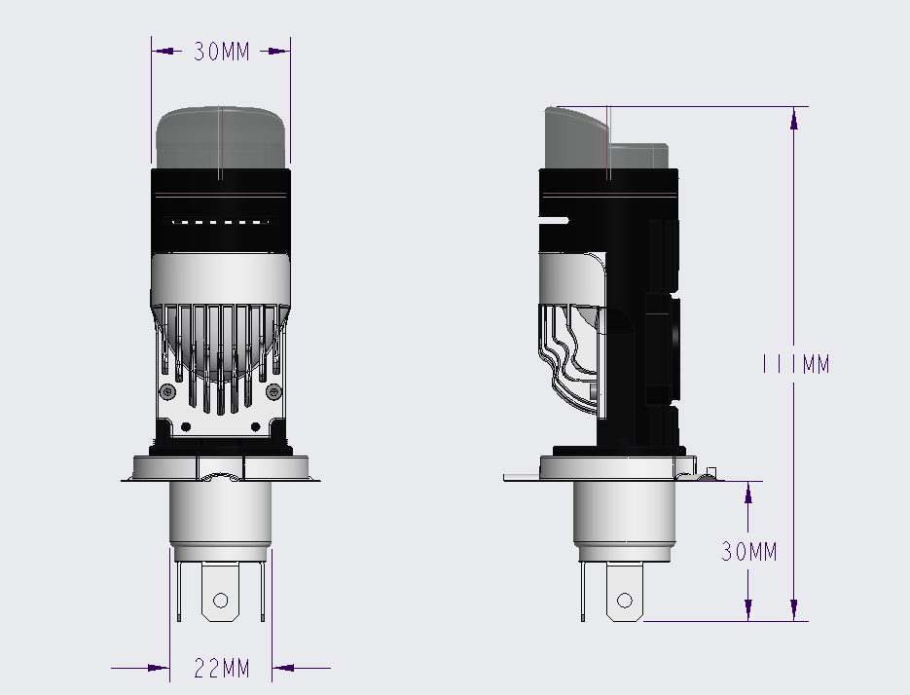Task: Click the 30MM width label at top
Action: point(221,52)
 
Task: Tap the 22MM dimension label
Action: point(221,669)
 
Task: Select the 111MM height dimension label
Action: point(796,364)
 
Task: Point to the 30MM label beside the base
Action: point(748,552)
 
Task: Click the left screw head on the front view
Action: point(167,392)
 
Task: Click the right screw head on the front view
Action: point(273,392)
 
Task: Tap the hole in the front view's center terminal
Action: point(221,600)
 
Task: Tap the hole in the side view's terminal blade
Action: point(625,600)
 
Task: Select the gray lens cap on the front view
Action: point(221,137)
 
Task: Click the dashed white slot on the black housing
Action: point(221,221)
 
